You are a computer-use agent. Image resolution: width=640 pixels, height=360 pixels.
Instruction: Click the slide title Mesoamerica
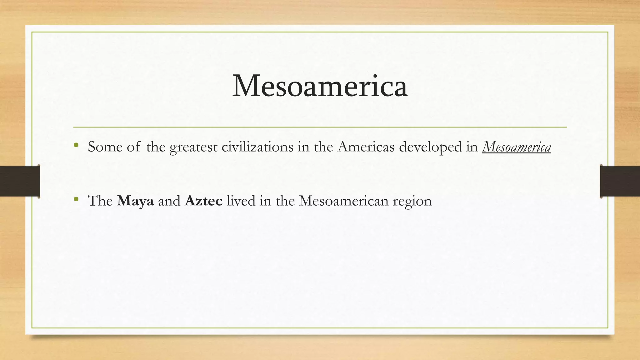[320, 86]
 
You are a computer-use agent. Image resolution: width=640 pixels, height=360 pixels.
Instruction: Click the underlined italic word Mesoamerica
[516, 147]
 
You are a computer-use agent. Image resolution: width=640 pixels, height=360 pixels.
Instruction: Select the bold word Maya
[135, 201]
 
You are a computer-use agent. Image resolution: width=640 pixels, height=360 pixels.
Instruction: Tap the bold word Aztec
[203, 201]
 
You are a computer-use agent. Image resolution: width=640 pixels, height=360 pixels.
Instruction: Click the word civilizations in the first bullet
[257, 147]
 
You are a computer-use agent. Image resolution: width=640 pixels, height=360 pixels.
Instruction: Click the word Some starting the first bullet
[105, 147]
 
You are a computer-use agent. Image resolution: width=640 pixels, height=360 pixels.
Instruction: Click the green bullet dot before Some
[76, 145]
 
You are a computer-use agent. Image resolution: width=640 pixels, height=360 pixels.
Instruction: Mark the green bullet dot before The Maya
[76, 199]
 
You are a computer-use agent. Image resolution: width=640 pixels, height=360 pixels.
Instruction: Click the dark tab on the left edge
[20, 181]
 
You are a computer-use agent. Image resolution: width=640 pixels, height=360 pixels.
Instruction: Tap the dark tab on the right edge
[620, 181]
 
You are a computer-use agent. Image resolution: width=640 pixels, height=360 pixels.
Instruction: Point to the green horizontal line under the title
[320, 127]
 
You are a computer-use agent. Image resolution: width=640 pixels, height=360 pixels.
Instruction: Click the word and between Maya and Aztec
[169, 201]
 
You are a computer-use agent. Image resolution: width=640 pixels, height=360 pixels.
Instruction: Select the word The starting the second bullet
[100, 201]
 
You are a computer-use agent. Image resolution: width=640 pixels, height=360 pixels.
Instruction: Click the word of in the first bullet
[133, 147]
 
